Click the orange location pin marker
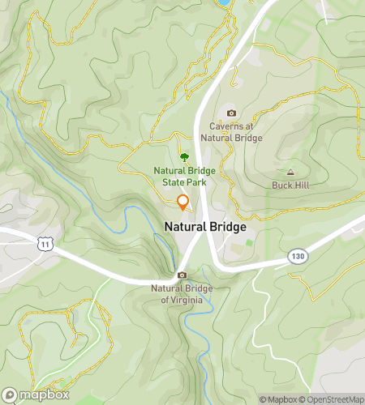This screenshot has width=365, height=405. click(183, 202)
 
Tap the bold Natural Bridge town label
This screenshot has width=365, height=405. click(205, 228)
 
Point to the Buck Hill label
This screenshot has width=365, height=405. click(290, 185)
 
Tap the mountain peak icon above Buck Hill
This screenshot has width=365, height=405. click(290, 172)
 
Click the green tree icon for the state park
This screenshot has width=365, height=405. click(184, 157)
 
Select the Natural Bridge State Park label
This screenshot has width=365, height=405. click(183, 177)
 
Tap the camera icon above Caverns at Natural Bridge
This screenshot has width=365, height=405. click(231, 113)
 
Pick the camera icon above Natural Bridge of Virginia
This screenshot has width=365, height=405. click(182, 275)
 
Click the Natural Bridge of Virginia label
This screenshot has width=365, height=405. click(182, 294)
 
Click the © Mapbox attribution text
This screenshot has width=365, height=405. click(278, 399)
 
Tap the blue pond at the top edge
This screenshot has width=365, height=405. click(221, 2)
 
